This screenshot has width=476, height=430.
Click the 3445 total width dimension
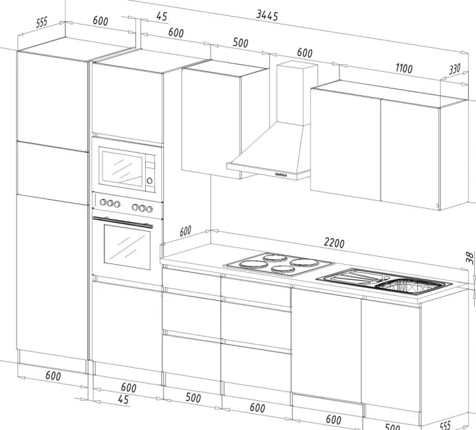click(267, 15)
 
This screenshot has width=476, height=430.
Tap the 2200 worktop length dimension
click(334, 243)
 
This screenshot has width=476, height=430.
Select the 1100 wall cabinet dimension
click(404, 68)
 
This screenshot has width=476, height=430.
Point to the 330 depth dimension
click(455, 69)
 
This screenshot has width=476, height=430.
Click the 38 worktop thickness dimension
click(470, 257)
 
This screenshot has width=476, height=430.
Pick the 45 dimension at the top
click(162, 16)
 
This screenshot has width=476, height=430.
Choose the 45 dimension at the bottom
click(123, 400)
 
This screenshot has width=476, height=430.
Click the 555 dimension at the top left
click(42, 22)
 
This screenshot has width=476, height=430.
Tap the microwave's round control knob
click(150, 181)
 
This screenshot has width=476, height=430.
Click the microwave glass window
click(122, 168)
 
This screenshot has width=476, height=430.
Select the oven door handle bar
click(123, 222)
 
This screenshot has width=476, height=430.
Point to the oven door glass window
click(127, 247)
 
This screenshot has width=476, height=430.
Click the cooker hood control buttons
click(281, 175)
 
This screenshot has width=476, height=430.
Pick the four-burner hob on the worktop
click(278, 264)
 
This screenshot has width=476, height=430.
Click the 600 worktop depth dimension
click(186, 231)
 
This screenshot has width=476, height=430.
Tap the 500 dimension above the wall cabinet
click(240, 43)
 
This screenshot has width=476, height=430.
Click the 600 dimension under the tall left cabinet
click(53, 376)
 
